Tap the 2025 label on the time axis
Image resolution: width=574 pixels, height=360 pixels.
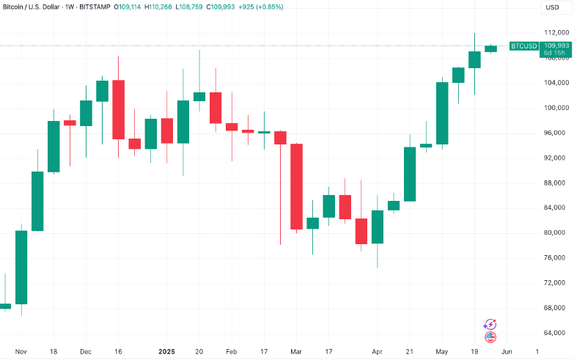tap(168, 352)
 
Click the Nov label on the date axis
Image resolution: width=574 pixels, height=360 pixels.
tap(21, 352)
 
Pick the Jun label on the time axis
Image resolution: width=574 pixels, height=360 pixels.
tap(506, 352)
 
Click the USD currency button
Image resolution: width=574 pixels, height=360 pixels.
tap(551, 7)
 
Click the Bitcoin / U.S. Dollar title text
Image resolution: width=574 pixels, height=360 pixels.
tap(36, 7)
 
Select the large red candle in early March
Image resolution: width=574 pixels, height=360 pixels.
tap(297, 187)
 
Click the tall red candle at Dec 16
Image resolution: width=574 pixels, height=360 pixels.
tap(118, 109)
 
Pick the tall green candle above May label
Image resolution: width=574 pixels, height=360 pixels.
tap(442, 113)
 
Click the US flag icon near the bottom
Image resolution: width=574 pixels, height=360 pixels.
tap(491, 337)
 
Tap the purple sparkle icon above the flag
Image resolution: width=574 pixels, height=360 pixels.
tap(490, 324)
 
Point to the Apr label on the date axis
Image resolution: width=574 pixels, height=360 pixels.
tap(377, 352)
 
